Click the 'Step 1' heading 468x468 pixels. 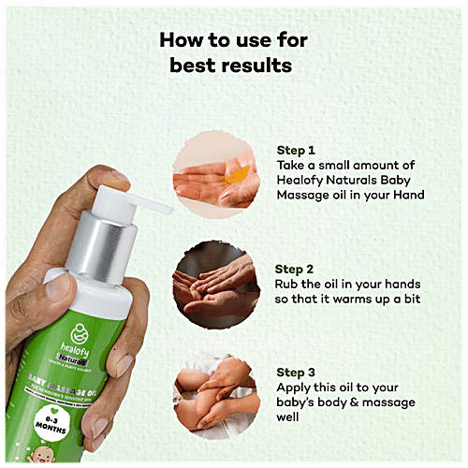[297, 149]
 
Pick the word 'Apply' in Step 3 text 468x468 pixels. [297, 387]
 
